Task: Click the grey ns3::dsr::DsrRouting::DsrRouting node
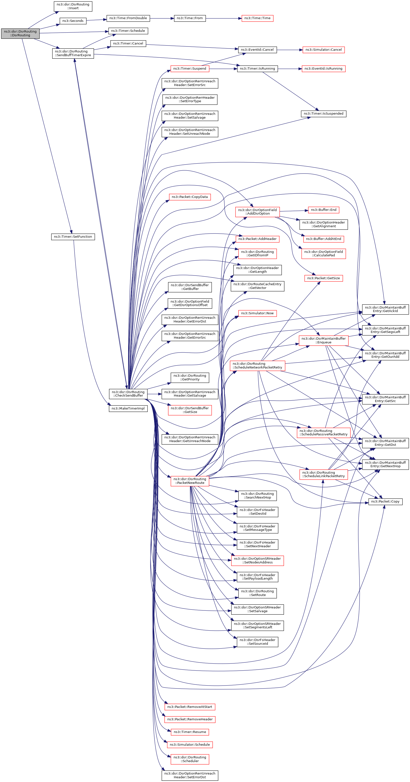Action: coord(20,33)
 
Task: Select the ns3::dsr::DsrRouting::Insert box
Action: coord(73,6)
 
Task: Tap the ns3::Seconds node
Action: coord(73,21)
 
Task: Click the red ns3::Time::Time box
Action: coord(257,18)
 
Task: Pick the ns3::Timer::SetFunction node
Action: coord(73,236)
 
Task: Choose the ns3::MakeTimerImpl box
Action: coord(128,408)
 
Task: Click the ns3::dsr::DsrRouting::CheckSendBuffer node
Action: coord(128,394)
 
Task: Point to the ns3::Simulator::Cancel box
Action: coord(323,50)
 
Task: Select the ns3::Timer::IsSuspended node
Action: coord(323,114)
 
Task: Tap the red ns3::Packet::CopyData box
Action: coord(190,197)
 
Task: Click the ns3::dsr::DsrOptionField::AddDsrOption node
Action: coord(257,212)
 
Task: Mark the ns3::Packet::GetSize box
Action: coord(323,278)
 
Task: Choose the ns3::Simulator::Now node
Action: coord(257,313)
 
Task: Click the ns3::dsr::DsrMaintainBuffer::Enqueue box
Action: coord(323,340)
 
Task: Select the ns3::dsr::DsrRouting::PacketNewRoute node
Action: coord(190,481)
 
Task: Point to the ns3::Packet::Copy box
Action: coord(385,502)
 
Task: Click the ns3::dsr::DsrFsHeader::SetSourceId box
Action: coord(257,642)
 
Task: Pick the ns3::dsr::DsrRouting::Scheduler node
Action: coord(190,759)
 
